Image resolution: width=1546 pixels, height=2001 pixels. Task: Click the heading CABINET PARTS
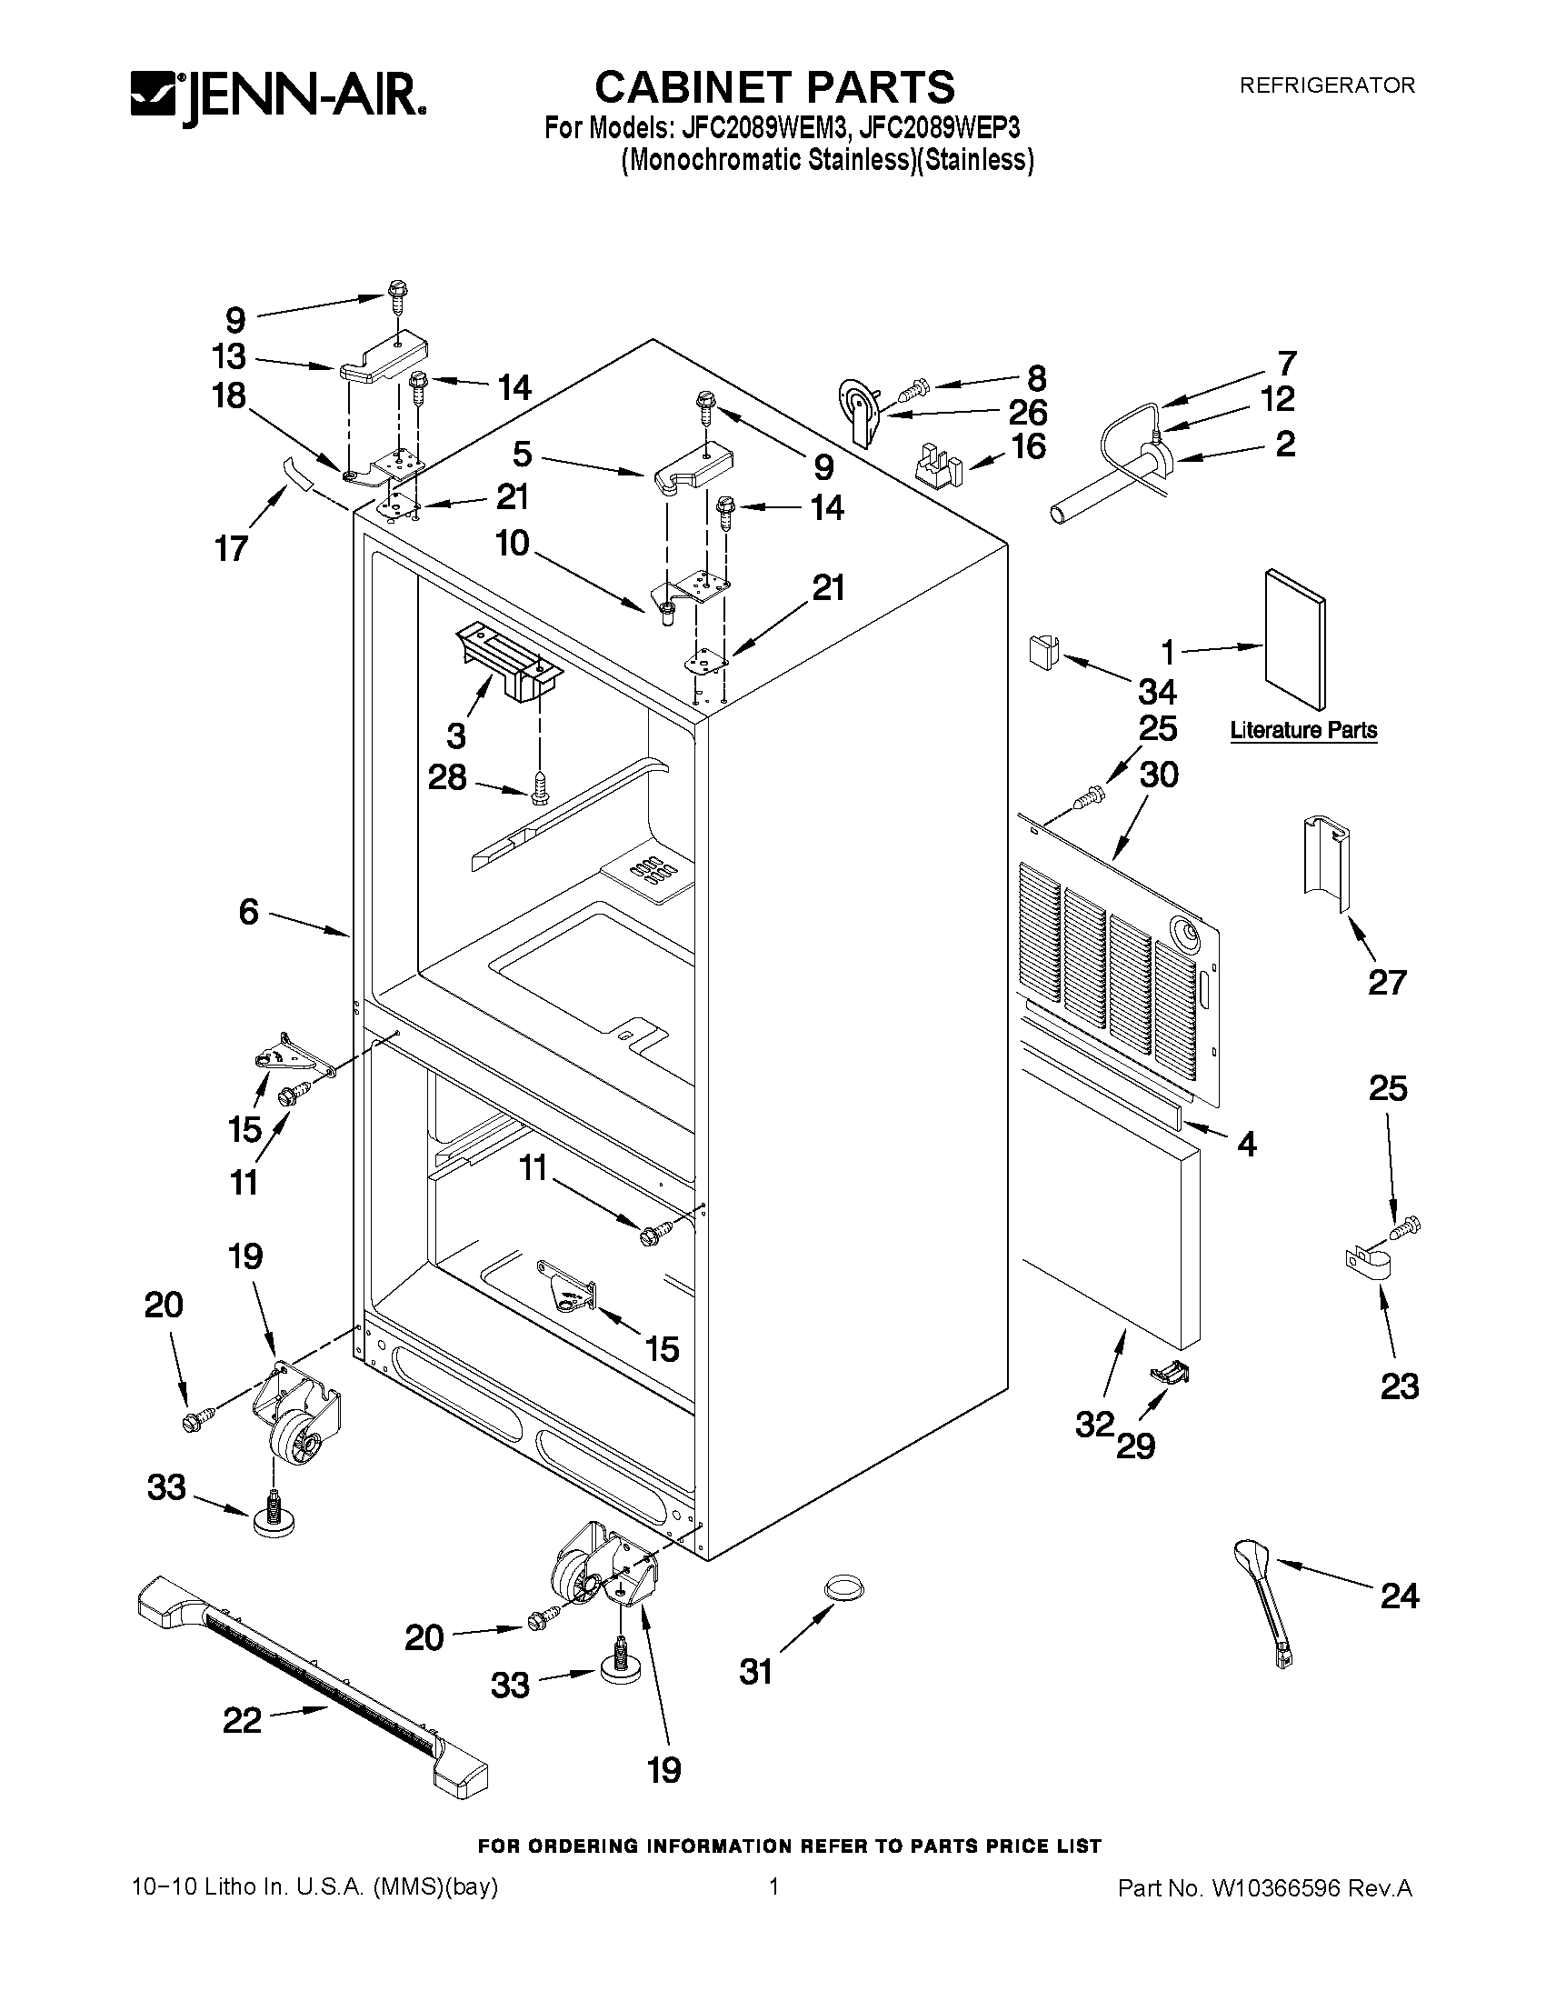pyautogui.click(x=774, y=88)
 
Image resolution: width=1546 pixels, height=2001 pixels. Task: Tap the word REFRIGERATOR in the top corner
pyautogui.click(x=1326, y=85)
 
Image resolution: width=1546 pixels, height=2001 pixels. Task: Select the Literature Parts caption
pyautogui.click(x=1302, y=730)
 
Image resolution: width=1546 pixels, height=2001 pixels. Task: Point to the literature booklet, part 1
pyautogui.click(x=1294, y=638)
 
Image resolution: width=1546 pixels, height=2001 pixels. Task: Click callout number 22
pyautogui.click(x=242, y=1721)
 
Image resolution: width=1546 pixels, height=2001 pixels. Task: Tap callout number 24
pyautogui.click(x=1399, y=1596)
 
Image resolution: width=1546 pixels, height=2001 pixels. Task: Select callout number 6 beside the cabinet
pyautogui.click(x=248, y=912)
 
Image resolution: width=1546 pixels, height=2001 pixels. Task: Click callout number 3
pyautogui.click(x=455, y=734)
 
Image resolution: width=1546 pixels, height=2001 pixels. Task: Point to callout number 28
pyautogui.click(x=447, y=778)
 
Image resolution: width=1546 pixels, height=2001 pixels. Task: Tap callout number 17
pyautogui.click(x=231, y=548)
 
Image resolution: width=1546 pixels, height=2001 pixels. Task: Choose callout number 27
pyautogui.click(x=1386, y=982)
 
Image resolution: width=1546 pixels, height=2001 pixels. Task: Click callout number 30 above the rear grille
pyautogui.click(x=1158, y=775)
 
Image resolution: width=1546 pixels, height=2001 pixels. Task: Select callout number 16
pyautogui.click(x=1029, y=446)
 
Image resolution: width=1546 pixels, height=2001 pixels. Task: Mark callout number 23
pyautogui.click(x=1399, y=1386)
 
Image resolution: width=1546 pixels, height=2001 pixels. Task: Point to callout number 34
pyautogui.click(x=1157, y=691)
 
